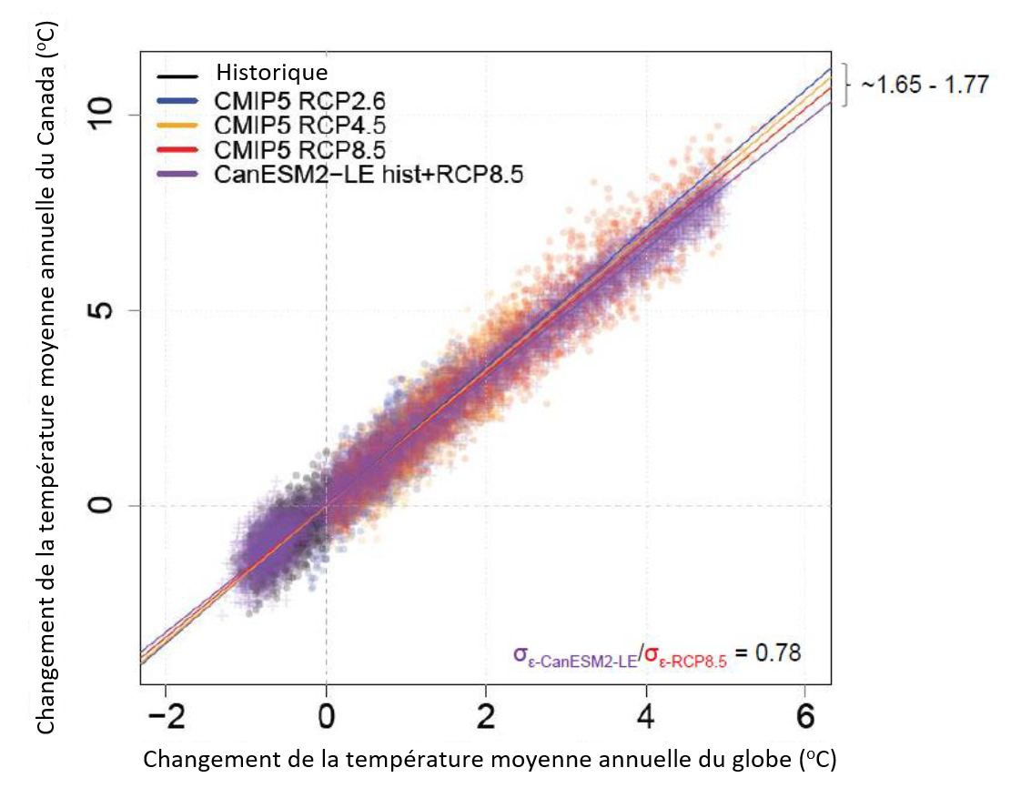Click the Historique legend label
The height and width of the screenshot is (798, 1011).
coord(270,72)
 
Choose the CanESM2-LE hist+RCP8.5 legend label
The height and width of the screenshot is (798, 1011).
coord(372,170)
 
